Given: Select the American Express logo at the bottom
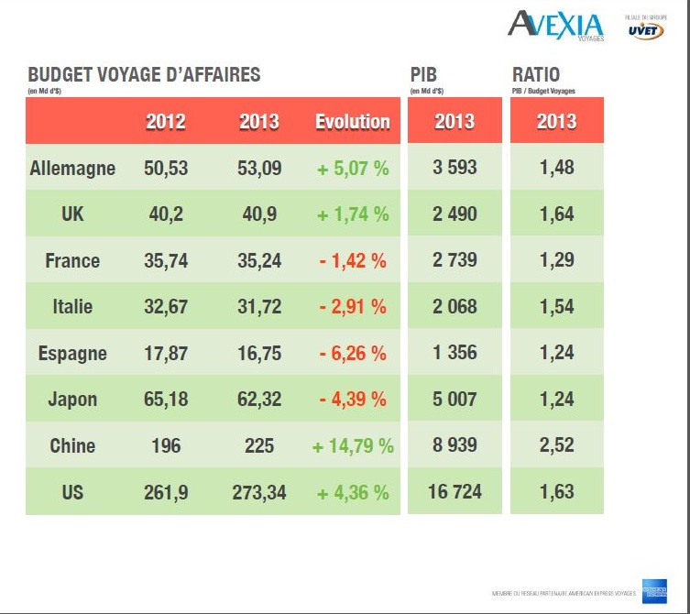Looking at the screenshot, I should (x=654, y=591).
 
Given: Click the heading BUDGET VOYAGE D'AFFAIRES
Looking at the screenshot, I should (x=144, y=75).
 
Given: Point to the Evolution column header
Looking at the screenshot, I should (x=353, y=122).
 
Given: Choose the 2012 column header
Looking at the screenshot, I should (x=165, y=122).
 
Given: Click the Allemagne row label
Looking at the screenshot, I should (x=72, y=169).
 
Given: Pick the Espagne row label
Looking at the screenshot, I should (x=72, y=354).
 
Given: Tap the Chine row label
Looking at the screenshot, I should (x=72, y=446).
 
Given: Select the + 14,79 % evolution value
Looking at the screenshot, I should (x=353, y=446).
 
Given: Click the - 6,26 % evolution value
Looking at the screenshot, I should (x=353, y=354).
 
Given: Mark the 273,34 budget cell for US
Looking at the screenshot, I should (x=259, y=492).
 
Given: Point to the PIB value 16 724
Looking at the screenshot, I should (x=455, y=492).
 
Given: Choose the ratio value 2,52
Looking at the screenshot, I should (x=557, y=446).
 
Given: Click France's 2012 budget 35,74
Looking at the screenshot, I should (x=166, y=260).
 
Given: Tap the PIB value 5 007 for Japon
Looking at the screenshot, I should (x=455, y=400).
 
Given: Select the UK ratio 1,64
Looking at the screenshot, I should (x=557, y=214).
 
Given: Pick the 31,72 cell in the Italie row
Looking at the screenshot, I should (x=259, y=307).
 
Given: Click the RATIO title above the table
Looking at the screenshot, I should (x=536, y=75).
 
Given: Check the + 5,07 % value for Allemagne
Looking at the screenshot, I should (x=353, y=169).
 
